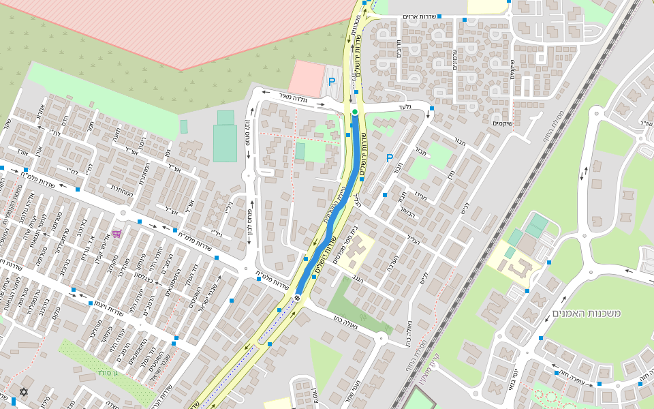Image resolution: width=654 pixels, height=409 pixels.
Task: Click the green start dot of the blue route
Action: click(x=355, y=112)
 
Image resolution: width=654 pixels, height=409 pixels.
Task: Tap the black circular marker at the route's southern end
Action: click(x=297, y=297)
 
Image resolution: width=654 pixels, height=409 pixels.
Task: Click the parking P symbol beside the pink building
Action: click(x=332, y=81)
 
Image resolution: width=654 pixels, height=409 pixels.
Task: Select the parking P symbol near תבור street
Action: click(x=390, y=158)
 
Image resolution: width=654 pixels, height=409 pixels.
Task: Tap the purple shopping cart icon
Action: click(x=116, y=233)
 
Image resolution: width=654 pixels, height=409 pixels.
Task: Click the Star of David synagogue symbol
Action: click(x=25, y=392)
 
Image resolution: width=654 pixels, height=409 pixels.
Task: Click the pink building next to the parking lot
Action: click(x=305, y=78)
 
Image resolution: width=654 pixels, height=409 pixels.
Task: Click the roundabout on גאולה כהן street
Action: click(x=381, y=337)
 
